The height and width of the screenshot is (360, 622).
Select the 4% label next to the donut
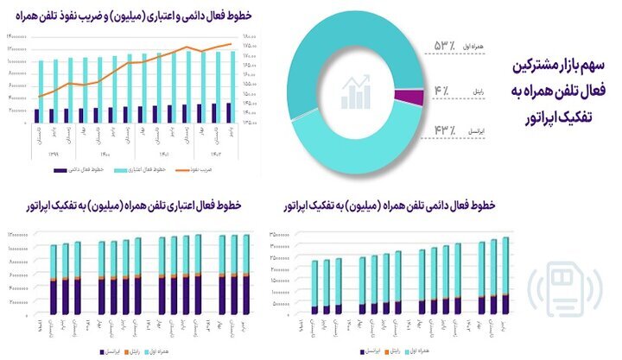click(x=441, y=89)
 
